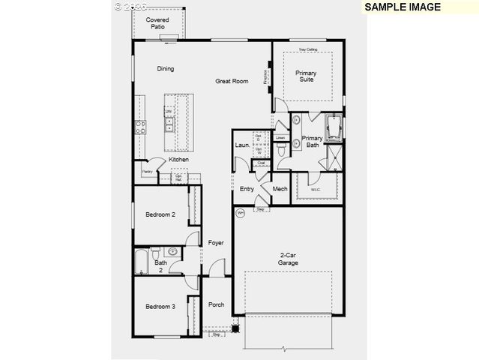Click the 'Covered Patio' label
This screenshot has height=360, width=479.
pos(157,22)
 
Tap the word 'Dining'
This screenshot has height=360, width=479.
pos(166,69)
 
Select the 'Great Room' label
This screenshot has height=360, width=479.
pos(232,81)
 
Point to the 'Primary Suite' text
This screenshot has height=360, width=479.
pos(306,76)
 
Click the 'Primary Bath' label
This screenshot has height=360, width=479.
pos(312,142)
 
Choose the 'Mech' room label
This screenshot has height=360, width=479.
pos(280,189)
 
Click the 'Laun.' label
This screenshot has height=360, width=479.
pos(242,145)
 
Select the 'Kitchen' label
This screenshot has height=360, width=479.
pos(178,160)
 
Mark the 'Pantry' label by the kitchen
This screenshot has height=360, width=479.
pos(147,172)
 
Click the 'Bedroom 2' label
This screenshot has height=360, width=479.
pos(160,214)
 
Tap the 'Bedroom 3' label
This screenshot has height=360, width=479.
pos(160,306)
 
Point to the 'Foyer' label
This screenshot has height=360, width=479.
pos(216,242)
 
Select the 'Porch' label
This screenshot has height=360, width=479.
pos(216,304)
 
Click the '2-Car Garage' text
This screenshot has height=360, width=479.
pos(289,259)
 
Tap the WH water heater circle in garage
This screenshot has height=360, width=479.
pos(241,214)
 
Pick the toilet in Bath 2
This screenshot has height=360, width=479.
pos(173,253)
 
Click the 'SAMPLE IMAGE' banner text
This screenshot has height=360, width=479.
pos(402,7)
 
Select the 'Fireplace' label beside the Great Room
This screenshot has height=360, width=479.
pos(265,76)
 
